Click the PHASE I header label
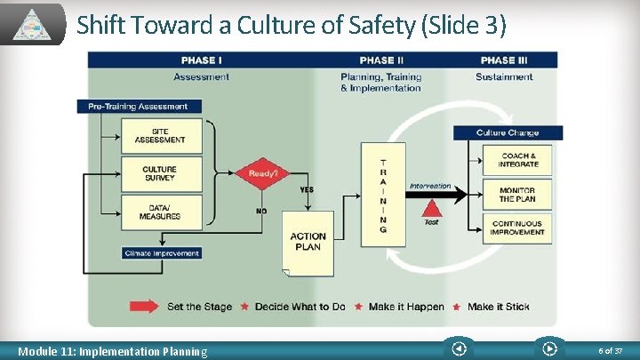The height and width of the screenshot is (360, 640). pyautogui.click(x=201, y=60)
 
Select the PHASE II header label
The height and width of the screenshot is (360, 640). pyautogui.click(x=378, y=60)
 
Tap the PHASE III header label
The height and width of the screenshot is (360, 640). pyautogui.click(x=504, y=60)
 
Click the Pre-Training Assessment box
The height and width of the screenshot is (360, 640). pyautogui.click(x=138, y=107)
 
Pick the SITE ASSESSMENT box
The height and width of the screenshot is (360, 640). pyautogui.click(x=160, y=136)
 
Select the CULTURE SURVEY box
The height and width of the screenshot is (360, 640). pyautogui.click(x=160, y=173)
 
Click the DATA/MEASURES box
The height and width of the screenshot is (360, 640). pyautogui.click(x=160, y=212)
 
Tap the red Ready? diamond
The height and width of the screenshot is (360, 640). pyautogui.click(x=263, y=173)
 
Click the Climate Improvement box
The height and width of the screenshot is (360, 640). pyautogui.click(x=162, y=252)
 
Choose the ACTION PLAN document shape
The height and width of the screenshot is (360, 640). pyautogui.click(x=308, y=242)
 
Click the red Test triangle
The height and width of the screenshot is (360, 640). pyautogui.click(x=431, y=211)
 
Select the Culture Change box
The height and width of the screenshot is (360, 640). pyautogui.click(x=508, y=132)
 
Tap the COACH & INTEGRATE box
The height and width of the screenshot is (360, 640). pyautogui.click(x=517, y=160)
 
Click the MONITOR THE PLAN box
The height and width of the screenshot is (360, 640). pyautogui.click(x=517, y=194)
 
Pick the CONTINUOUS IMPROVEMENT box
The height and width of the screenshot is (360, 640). pyautogui.click(x=517, y=228)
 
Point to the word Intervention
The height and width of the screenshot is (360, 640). pyautogui.click(x=430, y=187)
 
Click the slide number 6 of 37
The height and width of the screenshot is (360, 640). pyautogui.click(x=611, y=351)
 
